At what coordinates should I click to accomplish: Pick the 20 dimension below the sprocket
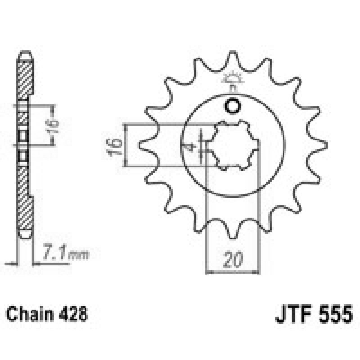tap(232, 260)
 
